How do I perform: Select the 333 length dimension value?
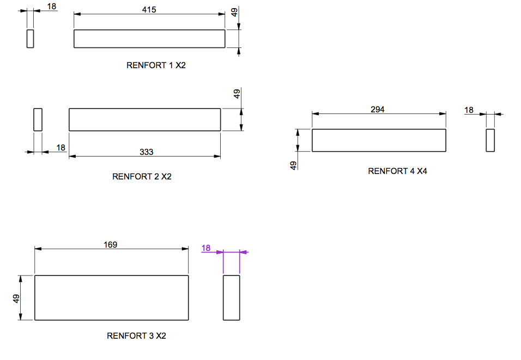147,152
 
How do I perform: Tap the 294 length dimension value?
378,110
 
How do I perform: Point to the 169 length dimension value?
111,244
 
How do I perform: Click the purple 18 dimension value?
206,248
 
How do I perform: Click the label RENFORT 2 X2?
142,176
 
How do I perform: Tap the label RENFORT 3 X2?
136,335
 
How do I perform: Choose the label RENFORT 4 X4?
397,171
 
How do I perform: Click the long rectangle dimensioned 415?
149,39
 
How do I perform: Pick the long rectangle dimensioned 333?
144,119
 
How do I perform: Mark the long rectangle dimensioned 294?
379,140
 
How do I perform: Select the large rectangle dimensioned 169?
112,298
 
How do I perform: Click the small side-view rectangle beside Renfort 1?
31,39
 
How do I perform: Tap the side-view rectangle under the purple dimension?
232,298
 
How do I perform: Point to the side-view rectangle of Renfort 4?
490,140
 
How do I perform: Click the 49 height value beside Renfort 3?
16,298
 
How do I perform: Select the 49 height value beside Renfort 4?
294,165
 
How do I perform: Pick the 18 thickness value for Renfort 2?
60,147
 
